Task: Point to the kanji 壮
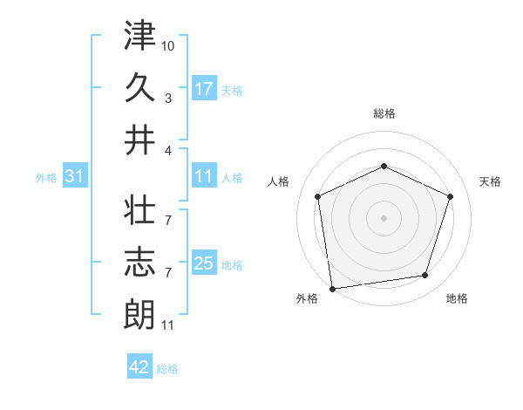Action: pyautogui.click(x=139, y=210)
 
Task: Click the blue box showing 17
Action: pyautogui.click(x=204, y=88)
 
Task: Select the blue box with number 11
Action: pyautogui.click(x=204, y=176)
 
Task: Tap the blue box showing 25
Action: pyautogui.click(x=204, y=263)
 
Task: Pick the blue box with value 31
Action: pyautogui.click(x=74, y=176)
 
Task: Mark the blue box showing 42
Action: pyautogui.click(x=139, y=367)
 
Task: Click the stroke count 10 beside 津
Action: pyautogui.click(x=168, y=44)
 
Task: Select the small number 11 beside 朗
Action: pyautogui.click(x=167, y=325)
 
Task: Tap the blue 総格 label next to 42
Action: pyautogui.click(x=167, y=369)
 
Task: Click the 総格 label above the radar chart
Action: pyautogui.click(x=384, y=113)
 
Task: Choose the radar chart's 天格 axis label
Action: pyautogui.click(x=490, y=181)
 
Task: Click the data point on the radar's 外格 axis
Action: pyautogui.click(x=332, y=287)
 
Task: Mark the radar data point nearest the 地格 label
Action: pyautogui.click(x=425, y=276)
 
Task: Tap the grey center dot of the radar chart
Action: pyautogui.click(x=384, y=217)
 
